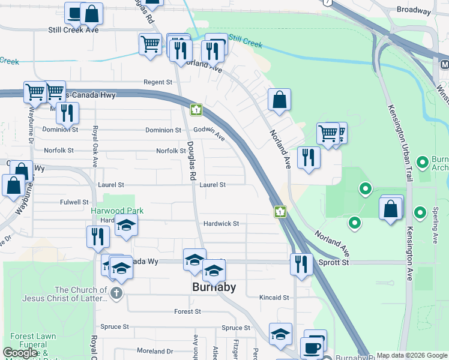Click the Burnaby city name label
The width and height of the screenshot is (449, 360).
coord(214,287)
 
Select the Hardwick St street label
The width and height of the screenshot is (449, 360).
coord(221,224)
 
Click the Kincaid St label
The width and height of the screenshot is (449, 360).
coord(274,298)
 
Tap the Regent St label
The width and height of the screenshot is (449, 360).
coord(158,82)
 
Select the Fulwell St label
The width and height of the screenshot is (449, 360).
coord(74,202)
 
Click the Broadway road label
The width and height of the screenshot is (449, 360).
coord(414,11)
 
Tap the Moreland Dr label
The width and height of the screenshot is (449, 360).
coord(155,351)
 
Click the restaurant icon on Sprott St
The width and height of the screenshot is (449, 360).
coord(301,264)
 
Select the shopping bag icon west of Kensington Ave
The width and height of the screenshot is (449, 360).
coord(391,209)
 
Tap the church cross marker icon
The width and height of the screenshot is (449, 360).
coord(117,293)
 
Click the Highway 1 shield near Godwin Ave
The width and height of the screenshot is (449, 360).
coord(196,110)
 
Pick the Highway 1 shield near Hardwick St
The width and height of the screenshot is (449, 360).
coord(280,211)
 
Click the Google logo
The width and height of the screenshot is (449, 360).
coord(20,353)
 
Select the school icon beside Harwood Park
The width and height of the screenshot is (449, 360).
coord(127,226)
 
